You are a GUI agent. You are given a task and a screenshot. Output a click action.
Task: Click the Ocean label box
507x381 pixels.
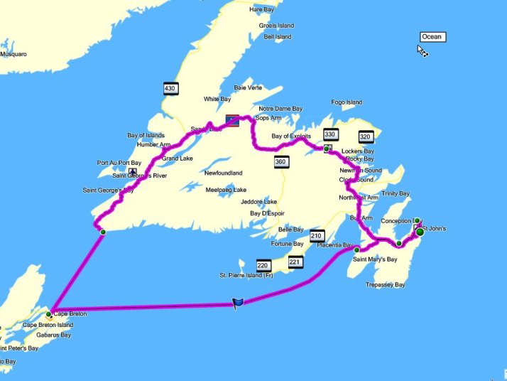click(431, 37)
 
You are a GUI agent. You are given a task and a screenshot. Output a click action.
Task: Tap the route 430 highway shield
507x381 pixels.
click(170, 88)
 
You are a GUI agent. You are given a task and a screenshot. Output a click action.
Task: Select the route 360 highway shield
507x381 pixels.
click(281, 163)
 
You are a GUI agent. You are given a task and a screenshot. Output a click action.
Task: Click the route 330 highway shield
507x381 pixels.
click(330, 134)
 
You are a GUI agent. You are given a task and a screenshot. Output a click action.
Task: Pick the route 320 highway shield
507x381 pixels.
click(366, 137)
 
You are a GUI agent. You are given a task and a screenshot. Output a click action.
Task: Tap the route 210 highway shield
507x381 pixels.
click(317, 236)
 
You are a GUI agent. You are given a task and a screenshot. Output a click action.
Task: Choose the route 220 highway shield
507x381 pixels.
click(263, 264)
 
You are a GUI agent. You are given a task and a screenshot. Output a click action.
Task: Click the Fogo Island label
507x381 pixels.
click(345, 102)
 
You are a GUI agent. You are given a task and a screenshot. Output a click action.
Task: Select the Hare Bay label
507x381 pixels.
click(261, 9)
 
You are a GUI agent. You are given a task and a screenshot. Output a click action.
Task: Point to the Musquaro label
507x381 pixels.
click(13, 53)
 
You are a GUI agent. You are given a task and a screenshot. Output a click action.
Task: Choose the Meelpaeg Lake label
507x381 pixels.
click(226, 190)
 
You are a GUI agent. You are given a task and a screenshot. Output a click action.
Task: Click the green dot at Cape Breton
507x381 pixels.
click(49, 313)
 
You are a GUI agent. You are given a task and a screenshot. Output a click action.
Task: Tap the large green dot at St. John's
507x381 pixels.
click(420, 232)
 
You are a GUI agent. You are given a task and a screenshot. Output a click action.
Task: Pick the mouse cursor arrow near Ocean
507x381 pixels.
click(420, 50)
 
